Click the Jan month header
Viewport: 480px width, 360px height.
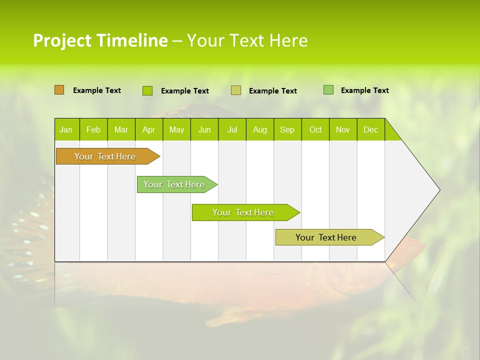click(66, 129)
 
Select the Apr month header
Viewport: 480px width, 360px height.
click(148, 129)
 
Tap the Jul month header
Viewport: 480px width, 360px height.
click(232, 129)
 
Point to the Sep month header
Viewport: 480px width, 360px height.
click(287, 129)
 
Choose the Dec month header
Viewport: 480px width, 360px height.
click(370, 129)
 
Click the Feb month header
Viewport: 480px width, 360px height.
click(93, 129)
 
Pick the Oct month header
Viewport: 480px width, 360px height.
click(315, 129)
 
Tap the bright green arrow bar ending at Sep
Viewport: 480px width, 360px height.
click(243, 212)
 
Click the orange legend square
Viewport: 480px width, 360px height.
click(59, 90)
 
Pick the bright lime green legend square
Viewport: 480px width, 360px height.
click(147, 90)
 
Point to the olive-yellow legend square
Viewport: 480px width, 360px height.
click(236, 90)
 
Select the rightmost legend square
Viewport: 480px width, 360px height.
click(328, 90)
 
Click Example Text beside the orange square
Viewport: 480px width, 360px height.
click(97, 90)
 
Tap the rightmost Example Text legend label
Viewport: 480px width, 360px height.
click(364, 90)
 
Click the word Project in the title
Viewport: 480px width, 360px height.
click(62, 40)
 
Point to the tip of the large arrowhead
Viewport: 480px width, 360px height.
click(439, 190)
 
